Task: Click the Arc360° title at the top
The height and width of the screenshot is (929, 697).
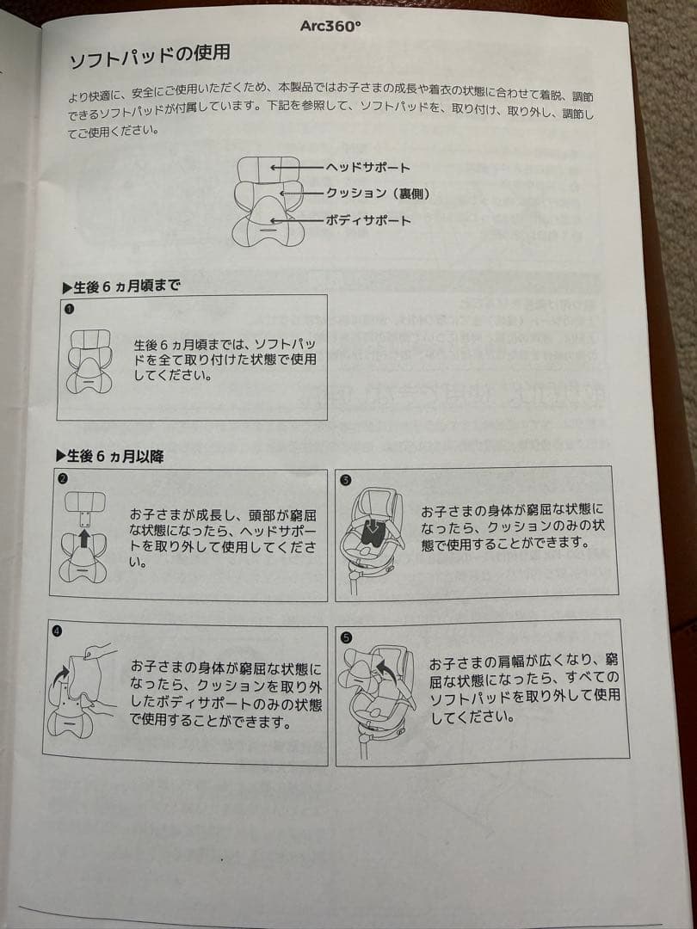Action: click(330, 28)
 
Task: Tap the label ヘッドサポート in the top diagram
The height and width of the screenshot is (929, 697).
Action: click(367, 168)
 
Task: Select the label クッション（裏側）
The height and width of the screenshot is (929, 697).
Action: click(377, 194)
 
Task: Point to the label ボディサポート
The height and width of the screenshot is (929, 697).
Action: click(368, 221)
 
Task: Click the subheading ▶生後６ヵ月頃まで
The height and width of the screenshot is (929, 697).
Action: click(121, 286)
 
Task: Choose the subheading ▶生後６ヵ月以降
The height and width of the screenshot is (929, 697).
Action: click(109, 456)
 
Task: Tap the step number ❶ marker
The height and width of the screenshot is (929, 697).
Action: click(70, 310)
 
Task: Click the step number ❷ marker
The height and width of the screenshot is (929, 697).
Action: click(62, 479)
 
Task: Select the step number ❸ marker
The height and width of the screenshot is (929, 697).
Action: click(346, 481)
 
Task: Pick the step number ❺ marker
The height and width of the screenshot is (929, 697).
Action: click(347, 637)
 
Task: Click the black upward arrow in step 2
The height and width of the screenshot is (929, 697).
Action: click(84, 538)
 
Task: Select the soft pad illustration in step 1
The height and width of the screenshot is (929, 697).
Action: click(89, 360)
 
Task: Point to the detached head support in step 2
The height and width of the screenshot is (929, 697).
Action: click(84, 501)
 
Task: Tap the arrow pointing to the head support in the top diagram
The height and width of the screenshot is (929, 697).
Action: click(297, 168)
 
